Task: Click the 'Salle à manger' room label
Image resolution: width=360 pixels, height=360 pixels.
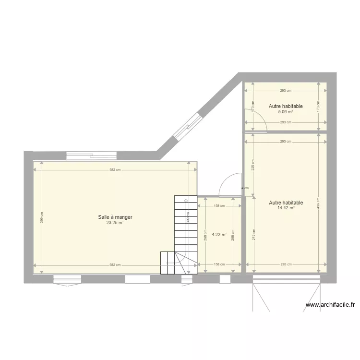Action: click(115, 217)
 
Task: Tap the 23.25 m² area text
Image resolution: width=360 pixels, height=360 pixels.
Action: click(115, 223)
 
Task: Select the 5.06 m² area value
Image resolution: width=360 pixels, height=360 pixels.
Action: click(286, 112)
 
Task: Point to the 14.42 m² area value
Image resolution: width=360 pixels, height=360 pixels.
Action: click(286, 208)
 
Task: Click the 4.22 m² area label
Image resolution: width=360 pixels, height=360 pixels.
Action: click(219, 235)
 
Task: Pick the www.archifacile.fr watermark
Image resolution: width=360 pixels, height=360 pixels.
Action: click(330, 304)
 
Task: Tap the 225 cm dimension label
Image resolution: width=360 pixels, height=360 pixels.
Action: click(253, 165)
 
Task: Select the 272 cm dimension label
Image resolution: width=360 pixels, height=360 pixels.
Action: click(253, 235)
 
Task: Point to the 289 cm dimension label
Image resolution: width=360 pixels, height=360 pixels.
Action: click(286, 264)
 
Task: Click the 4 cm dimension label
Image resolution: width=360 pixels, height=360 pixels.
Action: click(245, 188)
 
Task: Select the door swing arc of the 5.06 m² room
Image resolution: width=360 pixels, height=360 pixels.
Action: click(257, 118)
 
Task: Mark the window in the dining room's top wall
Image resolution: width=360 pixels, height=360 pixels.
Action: click(91, 155)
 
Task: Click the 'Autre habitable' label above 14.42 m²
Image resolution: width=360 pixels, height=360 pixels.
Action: click(286, 203)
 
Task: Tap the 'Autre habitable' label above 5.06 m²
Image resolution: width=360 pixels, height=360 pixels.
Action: click(286, 106)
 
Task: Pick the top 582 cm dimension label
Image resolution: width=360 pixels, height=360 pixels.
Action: click(115, 169)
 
